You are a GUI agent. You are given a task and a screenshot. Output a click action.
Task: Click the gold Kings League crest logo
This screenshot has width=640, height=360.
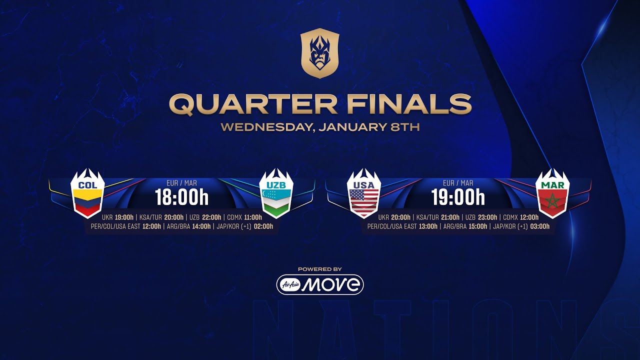320,53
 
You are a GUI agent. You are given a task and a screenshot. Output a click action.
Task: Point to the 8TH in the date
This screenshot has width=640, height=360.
404,127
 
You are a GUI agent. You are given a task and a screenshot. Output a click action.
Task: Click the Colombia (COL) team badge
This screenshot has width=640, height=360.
87,193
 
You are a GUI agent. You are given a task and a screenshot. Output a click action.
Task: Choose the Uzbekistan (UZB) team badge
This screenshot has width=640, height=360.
276,193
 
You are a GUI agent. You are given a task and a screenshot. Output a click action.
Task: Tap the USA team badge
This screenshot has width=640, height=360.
364,193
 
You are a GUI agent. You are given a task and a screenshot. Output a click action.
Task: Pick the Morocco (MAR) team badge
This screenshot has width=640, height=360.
552,193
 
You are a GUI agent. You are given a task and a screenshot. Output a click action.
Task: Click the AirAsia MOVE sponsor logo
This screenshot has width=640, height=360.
320,284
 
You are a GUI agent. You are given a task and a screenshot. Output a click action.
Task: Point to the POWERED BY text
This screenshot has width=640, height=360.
320,269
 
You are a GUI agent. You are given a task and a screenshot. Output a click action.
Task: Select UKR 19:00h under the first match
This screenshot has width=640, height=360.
117,217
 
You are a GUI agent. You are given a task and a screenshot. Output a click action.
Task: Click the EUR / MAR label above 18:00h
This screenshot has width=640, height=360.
181,183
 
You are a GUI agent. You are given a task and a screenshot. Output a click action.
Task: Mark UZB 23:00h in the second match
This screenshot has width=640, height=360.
481,217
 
